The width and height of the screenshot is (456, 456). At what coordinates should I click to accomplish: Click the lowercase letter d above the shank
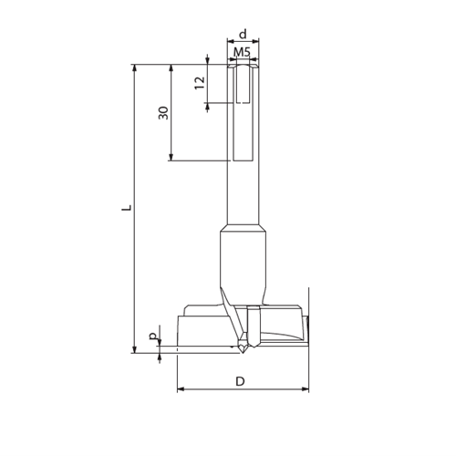point(242,34)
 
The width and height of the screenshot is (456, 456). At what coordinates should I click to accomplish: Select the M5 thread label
point(242,53)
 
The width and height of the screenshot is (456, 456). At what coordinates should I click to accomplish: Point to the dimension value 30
point(162,112)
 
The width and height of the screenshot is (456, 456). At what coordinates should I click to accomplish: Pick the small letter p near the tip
point(152,337)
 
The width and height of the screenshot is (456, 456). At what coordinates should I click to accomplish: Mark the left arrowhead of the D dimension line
point(180,389)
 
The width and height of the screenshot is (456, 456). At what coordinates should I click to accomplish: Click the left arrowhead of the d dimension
point(230,42)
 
